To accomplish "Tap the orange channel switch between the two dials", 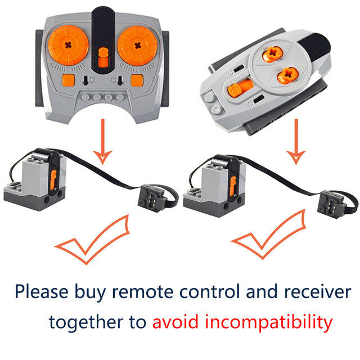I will (x=102, y=56).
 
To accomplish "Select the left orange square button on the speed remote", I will (x=67, y=80).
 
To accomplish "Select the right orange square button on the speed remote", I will (x=137, y=80).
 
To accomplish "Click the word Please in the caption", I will (x=42, y=292).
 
